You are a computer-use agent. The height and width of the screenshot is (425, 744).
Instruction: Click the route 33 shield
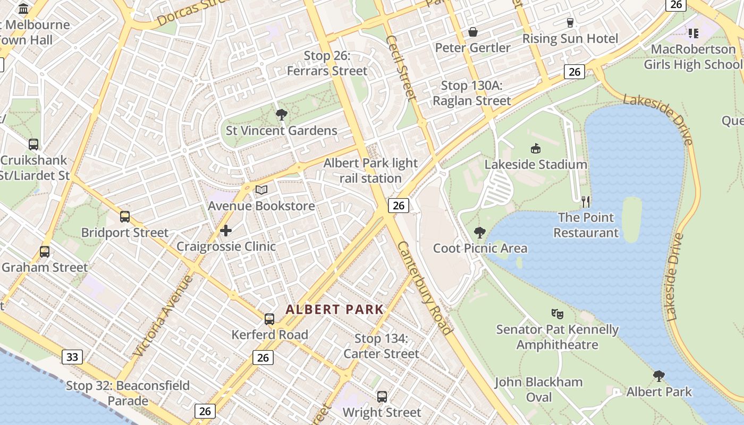(x=72, y=356)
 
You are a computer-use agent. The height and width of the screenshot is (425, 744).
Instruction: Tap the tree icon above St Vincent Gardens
(x=282, y=114)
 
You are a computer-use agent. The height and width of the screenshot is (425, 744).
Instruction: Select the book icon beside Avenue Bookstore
(x=261, y=190)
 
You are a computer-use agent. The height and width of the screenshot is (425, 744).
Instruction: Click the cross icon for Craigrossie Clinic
(x=226, y=231)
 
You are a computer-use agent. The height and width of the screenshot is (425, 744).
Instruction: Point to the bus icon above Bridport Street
(x=125, y=217)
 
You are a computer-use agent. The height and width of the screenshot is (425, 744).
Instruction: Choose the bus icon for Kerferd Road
(x=269, y=319)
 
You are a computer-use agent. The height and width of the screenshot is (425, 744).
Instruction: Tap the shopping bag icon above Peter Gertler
(x=472, y=32)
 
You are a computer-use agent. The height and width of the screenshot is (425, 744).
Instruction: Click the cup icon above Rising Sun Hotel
(x=570, y=22)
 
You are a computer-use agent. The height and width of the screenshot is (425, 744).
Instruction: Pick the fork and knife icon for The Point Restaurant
(x=586, y=201)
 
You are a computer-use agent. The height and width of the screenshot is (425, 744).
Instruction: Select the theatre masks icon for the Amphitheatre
(x=557, y=313)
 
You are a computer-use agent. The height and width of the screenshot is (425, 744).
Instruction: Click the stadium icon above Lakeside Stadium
(x=535, y=148)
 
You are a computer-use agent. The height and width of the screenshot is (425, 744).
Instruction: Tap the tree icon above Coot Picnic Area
(x=480, y=232)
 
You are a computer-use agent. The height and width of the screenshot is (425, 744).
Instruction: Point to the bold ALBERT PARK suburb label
(x=334, y=309)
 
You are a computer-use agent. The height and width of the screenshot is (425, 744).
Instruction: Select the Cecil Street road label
(x=401, y=67)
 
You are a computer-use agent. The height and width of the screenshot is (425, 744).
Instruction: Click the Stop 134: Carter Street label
(x=381, y=346)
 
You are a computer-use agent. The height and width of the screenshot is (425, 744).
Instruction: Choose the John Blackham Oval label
(x=539, y=389)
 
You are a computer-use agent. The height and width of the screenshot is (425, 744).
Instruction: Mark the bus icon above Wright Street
(x=382, y=396)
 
